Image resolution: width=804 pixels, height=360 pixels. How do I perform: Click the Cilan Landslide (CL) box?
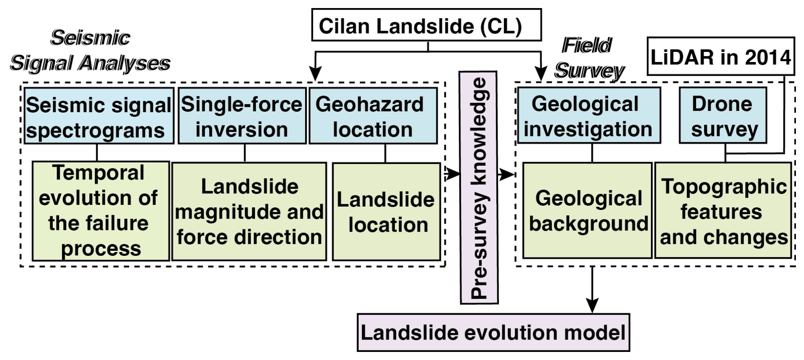[426, 25]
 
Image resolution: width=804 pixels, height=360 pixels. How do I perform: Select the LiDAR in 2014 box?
[720, 57]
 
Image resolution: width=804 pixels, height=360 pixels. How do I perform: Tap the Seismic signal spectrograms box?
[99, 116]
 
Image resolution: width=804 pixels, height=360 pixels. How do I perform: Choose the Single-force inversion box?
[242, 116]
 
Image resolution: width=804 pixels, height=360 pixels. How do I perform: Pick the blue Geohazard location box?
[373, 116]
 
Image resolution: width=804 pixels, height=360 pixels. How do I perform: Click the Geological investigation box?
[589, 116]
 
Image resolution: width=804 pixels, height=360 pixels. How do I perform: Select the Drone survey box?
[723, 116]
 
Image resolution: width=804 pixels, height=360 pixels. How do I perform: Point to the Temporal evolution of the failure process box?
[101, 211]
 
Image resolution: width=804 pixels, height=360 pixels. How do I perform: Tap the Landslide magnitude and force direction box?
[249, 211]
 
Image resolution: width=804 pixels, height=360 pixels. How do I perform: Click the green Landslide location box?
[386, 212]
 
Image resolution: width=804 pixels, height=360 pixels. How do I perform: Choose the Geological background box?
[587, 211]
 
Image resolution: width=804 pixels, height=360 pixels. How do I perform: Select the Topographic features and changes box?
[723, 211]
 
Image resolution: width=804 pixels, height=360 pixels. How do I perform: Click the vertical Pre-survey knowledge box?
[479, 187]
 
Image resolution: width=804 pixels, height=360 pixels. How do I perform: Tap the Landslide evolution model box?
[493, 332]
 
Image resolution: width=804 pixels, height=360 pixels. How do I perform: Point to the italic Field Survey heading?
[589, 58]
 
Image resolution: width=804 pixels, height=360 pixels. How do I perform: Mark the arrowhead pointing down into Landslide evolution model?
[592, 305]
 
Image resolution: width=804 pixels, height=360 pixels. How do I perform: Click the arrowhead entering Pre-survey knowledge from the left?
[453, 173]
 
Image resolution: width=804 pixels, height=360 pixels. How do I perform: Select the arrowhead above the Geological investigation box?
[541, 74]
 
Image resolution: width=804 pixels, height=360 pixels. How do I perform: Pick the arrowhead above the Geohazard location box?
[315, 74]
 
